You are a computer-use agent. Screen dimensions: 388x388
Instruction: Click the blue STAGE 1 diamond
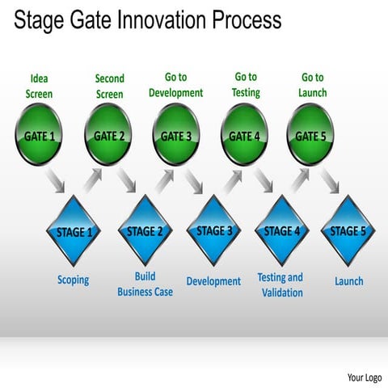click(x=75, y=231)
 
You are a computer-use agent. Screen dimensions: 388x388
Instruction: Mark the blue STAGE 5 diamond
click(x=348, y=231)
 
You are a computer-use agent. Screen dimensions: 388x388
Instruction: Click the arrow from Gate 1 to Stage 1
click(x=56, y=182)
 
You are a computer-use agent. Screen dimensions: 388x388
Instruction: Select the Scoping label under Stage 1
click(x=74, y=280)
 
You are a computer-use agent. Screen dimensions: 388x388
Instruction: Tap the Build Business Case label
click(x=145, y=284)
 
